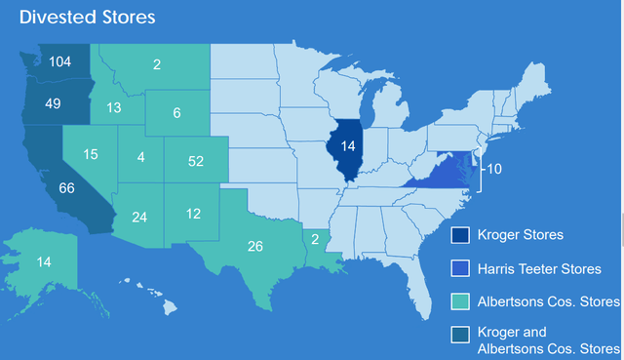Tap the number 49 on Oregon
[x=53, y=103]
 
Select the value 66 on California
[x=66, y=188]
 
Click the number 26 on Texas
[x=255, y=246]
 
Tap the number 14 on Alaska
[x=43, y=261]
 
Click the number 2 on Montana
[x=157, y=66]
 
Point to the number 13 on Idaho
[x=114, y=107]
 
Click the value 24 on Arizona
[x=139, y=217]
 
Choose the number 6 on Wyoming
[x=176, y=113]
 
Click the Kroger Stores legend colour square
[x=460, y=235]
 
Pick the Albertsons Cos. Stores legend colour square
[x=460, y=300]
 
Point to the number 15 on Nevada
[x=90, y=154]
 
